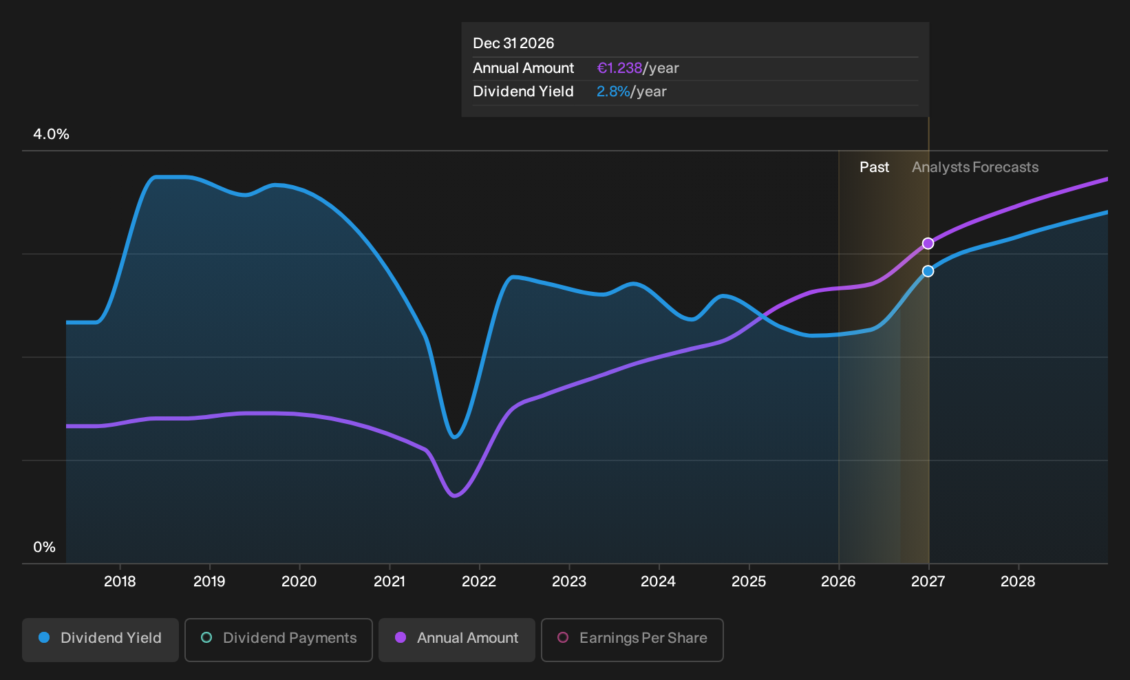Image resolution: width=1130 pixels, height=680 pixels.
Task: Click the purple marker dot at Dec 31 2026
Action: pos(928,244)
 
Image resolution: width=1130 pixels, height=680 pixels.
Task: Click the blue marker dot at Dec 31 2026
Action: pos(928,271)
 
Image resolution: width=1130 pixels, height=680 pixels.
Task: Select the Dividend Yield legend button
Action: pos(100,639)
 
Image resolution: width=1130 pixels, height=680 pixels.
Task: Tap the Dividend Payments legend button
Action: pos(279,639)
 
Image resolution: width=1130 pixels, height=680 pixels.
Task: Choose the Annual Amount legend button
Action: pos(456,639)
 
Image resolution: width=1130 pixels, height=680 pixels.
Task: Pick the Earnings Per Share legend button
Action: pos(632,639)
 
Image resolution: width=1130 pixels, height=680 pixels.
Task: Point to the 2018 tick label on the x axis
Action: pos(120,582)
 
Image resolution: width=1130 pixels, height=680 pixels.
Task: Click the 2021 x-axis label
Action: pos(390,582)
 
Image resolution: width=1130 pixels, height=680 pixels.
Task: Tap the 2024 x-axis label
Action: pos(659,582)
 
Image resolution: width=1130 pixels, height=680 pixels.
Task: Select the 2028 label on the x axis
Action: pos(1018,582)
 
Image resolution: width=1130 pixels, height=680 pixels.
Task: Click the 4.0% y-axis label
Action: pos(51,134)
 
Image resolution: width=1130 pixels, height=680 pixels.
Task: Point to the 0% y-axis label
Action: pos(45,547)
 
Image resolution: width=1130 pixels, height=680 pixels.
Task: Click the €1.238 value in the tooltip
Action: pos(619,68)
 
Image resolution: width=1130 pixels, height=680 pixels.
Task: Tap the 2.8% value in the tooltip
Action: pos(613,92)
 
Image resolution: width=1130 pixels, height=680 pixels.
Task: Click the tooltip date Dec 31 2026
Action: pos(513,43)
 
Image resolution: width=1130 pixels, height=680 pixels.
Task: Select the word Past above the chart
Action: pos(874,167)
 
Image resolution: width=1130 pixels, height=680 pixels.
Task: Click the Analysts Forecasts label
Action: pos(975,167)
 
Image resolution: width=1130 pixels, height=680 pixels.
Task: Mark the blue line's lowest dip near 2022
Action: pos(454,437)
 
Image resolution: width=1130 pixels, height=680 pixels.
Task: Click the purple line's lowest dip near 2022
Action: pos(454,496)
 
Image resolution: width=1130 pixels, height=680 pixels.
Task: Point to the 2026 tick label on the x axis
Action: pos(838,582)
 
